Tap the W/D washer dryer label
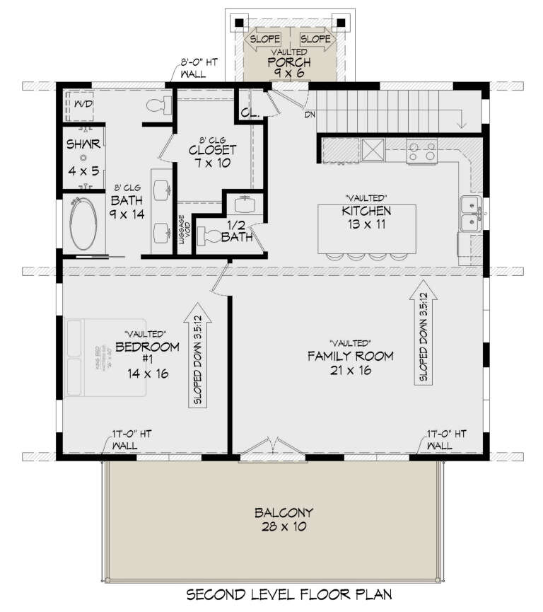pyautogui.click(x=83, y=105)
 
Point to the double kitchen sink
pyautogui.click(x=470, y=214)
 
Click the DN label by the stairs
pyautogui.click(x=310, y=114)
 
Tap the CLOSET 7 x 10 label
pyautogui.click(x=212, y=157)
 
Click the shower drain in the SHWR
pyautogui.click(x=83, y=158)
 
